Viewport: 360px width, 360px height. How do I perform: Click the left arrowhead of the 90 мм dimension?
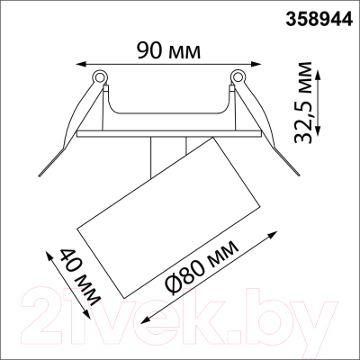pos(76,63)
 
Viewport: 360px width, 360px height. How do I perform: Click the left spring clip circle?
pos(100,76)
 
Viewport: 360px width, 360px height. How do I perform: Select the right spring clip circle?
pos(238,76)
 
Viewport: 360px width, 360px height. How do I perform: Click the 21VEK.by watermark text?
pos(180,315)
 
